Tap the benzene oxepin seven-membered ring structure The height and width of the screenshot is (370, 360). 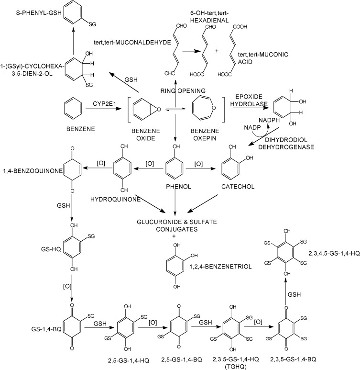(x=207, y=104)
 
